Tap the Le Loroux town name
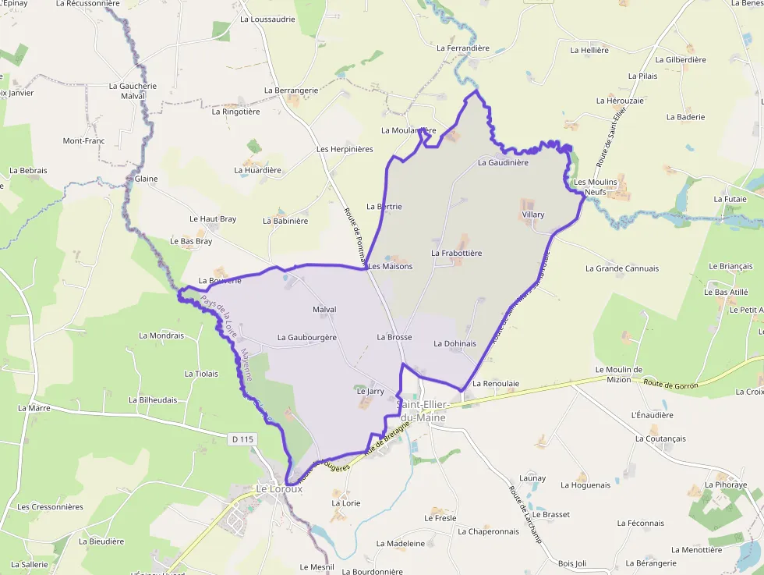click(x=279, y=489)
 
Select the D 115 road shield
click(x=243, y=440)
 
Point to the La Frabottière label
click(x=456, y=254)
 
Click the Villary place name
click(x=533, y=215)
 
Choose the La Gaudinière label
click(x=503, y=163)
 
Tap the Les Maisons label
click(x=390, y=267)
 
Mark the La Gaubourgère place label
click(x=307, y=338)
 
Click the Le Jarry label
click(x=370, y=391)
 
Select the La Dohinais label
click(x=455, y=343)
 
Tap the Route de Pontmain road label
click(x=354, y=233)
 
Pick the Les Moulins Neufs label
click(x=596, y=186)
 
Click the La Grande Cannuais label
click(x=622, y=268)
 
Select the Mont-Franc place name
click(x=83, y=141)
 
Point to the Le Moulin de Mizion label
click(x=618, y=375)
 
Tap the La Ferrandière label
click(x=463, y=48)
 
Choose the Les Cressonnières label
click(x=50, y=507)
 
